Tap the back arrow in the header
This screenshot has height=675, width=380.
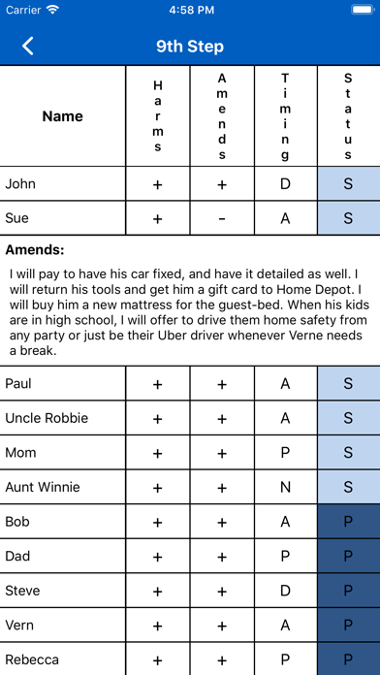(x=28, y=46)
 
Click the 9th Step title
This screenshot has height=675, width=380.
(x=190, y=46)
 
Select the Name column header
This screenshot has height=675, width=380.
(x=63, y=116)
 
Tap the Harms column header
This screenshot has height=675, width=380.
(x=158, y=116)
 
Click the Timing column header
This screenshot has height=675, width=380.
(x=285, y=116)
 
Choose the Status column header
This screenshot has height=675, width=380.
(x=348, y=116)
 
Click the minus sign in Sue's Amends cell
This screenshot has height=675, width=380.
(x=222, y=218)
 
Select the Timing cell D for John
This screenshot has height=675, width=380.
(x=285, y=183)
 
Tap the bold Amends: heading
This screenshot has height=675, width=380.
(x=35, y=249)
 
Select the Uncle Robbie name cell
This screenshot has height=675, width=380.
(x=47, y=418)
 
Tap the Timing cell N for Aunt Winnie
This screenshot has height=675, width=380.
(x=285, y=487)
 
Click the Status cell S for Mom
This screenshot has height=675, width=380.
(x=348, y=453)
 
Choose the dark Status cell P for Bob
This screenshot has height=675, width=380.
(x=348, y=522)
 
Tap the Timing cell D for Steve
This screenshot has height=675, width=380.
(x=285, y=591)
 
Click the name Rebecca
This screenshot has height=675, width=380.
(x=32, y=659)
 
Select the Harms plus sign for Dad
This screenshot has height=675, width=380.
(x=158, y=557)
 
